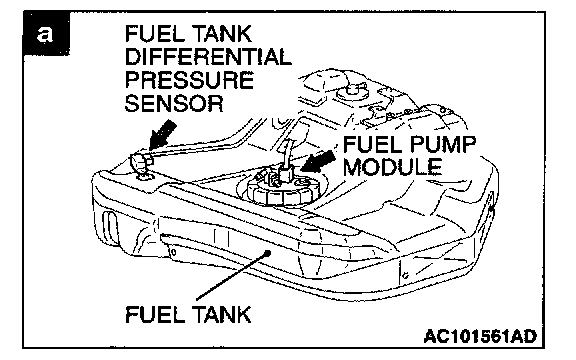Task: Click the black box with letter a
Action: click(46, 34)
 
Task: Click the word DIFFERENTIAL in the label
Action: click(208, 57)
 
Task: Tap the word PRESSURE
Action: click(190, 80)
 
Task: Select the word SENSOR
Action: click(174, 103)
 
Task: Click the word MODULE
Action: click(392, 167)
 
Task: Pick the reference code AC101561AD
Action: click(480, 336)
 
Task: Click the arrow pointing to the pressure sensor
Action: click(163, 135)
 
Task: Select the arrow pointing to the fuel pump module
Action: click(318, 161)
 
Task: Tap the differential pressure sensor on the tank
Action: click(141, 164)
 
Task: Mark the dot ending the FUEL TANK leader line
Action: click(268, 253)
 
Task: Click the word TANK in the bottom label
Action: click(222, 315)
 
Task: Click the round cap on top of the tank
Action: click(353, 91)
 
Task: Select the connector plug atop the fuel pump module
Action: click(285, 172)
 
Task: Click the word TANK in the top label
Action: click(222, 34)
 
